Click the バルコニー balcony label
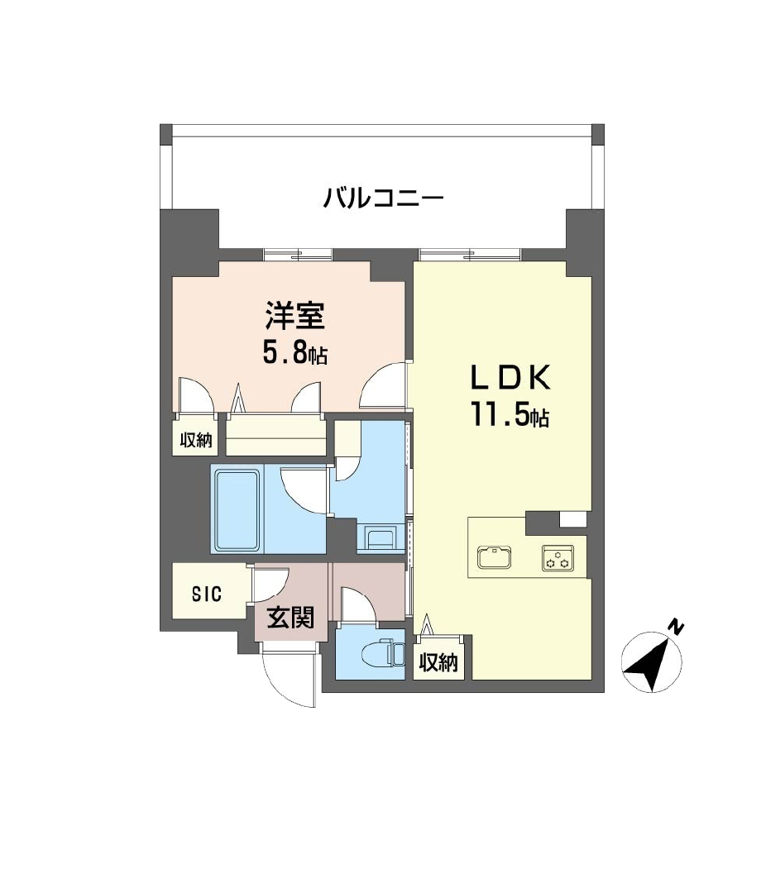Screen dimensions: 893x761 tap(385, 199)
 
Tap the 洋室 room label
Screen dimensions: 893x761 tap(295, 318)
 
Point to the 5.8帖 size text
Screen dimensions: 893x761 tap(296, 354)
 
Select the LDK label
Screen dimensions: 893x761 tap(510, 378)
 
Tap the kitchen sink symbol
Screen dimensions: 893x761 tap(495, 559)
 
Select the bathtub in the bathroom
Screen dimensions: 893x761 tap(238, 509)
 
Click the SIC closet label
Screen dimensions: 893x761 tap(207, 593)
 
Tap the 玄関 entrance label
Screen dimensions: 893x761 tap(290, 617)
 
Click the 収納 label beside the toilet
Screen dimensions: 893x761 tap(438, 662)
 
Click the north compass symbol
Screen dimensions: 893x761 tap(652, 662)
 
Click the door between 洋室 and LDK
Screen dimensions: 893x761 tap(386, 386)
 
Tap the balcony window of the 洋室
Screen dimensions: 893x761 tap(299, 253)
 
